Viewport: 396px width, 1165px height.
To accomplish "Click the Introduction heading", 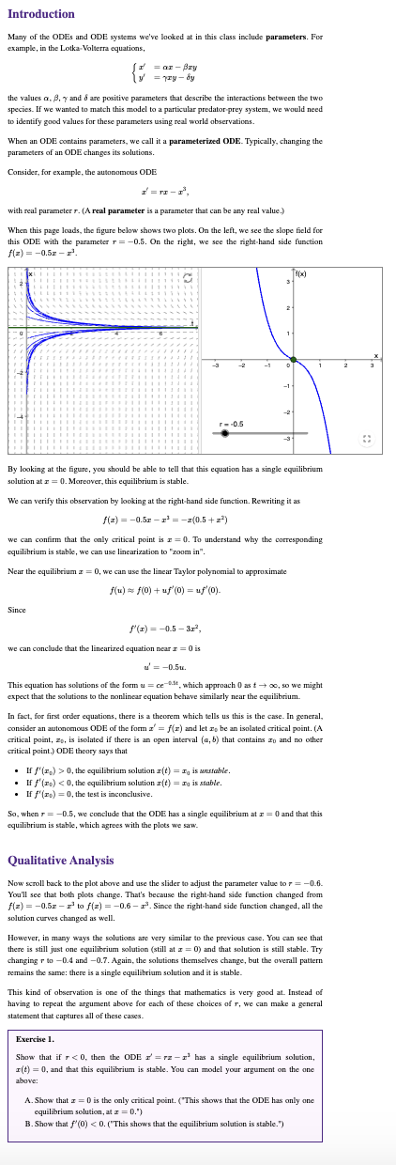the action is pos(41,14).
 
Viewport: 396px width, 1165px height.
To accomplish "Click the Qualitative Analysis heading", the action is pos(61,860).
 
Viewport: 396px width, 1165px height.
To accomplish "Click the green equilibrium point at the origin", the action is pos(294,360).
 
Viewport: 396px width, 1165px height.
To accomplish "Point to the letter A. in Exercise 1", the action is pos(27,1100).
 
